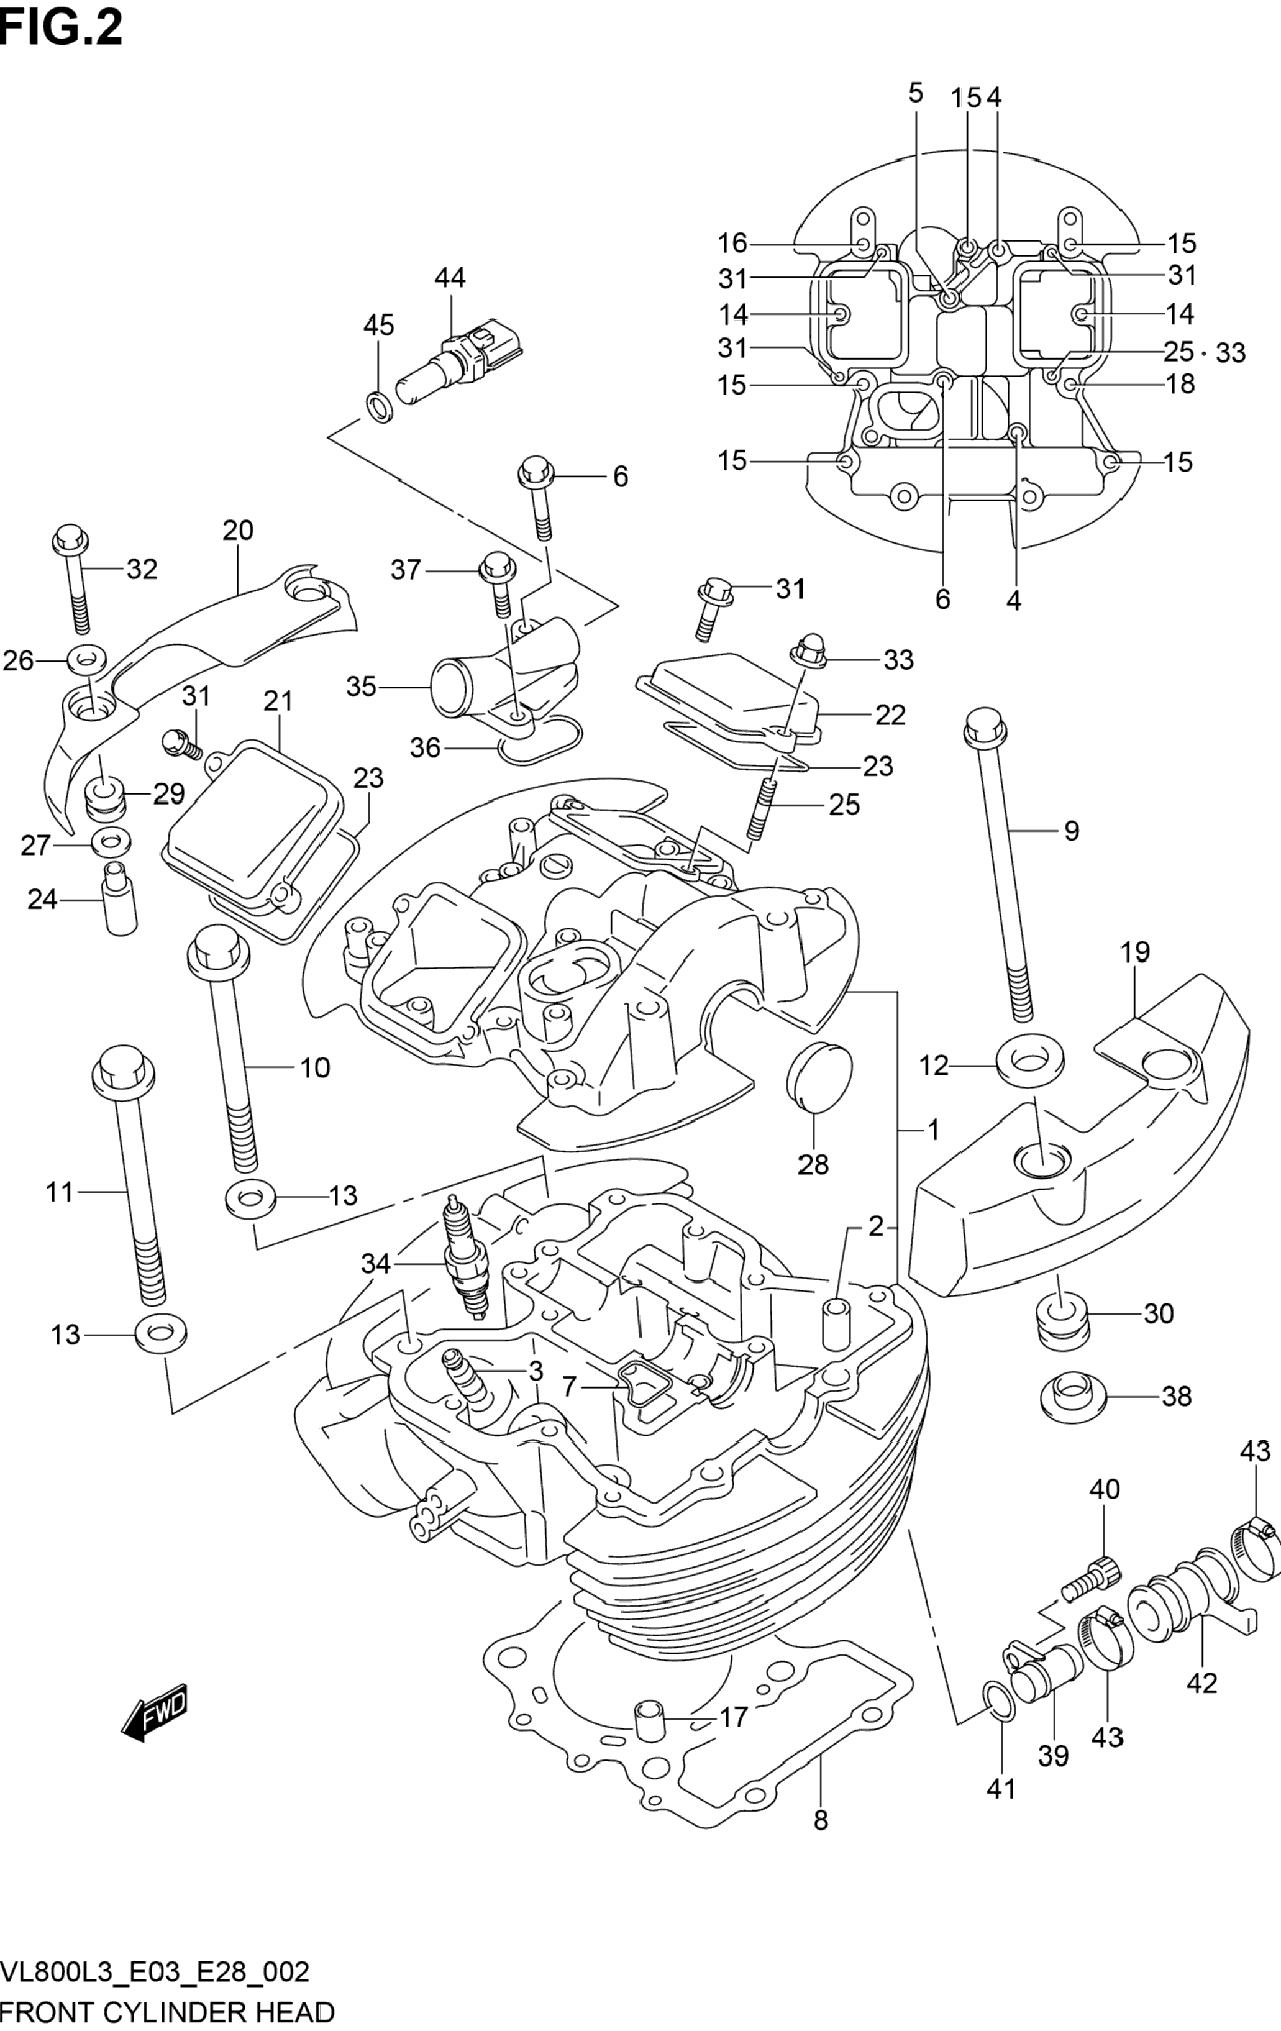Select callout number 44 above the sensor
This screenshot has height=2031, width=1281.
pyautogui.click(x=450, y=278)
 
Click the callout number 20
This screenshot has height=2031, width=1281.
pyautogui.click(x=238, y=531)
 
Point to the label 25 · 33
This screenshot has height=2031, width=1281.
pyautogui.click(x=1204, y=352)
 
